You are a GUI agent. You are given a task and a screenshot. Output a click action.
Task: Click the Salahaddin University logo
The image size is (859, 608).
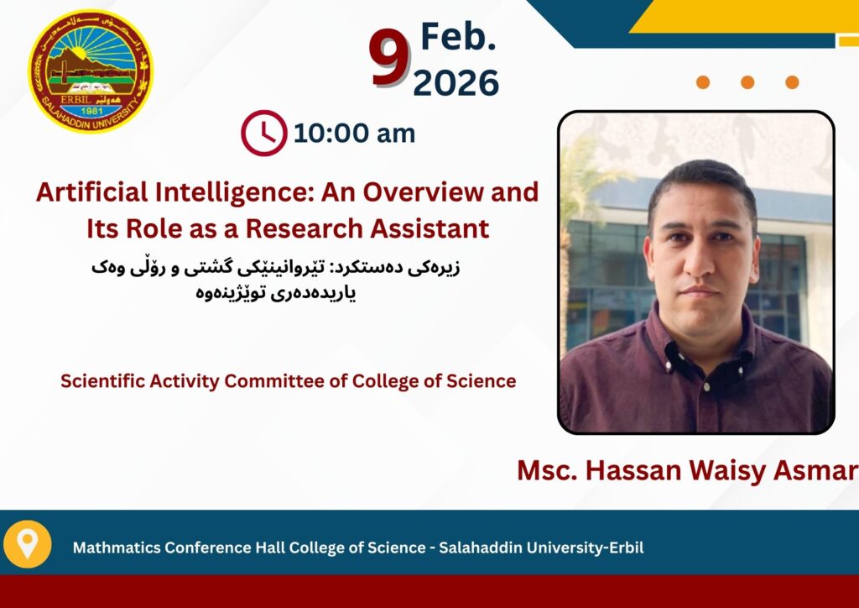pos(91,71)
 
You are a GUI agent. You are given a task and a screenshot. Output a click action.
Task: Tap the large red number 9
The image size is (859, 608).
pos(390,58)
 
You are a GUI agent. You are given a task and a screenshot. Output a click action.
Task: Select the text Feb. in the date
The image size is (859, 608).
pos(458,37)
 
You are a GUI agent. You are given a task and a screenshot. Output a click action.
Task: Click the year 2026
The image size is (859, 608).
pos(456,83)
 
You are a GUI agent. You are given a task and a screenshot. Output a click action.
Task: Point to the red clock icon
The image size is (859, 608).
pos(264,134)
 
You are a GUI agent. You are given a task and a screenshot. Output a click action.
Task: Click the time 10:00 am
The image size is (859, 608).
pos(355,134)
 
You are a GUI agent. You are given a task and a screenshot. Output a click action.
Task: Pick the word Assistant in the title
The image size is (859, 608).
pos(429,228)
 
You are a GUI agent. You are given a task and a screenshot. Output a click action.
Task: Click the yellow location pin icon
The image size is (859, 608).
pos(28,544)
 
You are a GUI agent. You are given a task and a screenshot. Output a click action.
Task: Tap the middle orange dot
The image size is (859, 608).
pos(747,82)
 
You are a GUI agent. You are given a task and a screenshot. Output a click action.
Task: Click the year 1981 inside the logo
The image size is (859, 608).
pos(91,111)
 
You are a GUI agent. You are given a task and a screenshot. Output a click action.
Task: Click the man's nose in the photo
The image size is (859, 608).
pos(700,262)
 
